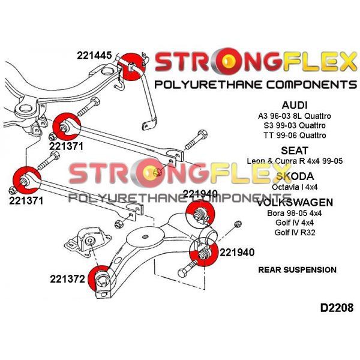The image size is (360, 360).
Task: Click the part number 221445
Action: [94, 55]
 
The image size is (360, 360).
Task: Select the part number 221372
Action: [68, 279]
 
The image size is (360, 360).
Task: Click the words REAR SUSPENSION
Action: [297, 270]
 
